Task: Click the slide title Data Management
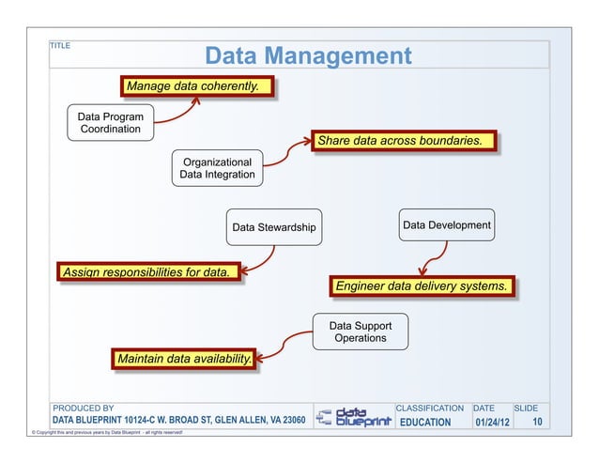(x=308, y=55)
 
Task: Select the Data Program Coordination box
(x=110, y=123)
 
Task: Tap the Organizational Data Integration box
(x=218, y=168)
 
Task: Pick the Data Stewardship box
(x=274, y=227)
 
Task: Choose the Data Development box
(x=446, y=225)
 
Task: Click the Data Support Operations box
(x=361, y=332)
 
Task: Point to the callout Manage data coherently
(x=192, y=86)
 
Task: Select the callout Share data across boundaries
(x=400, y=141)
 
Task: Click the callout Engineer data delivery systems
(x=422, y=285)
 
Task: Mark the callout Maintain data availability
(x=183, y=359)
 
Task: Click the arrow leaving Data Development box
(x=430, y=256)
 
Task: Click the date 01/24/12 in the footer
(x=491, y=423)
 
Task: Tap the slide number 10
(x=537, y=423)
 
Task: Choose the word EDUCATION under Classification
(x=425, y=423)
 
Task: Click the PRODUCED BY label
(x=83, y=409)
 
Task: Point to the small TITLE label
(x=60, y=45)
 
